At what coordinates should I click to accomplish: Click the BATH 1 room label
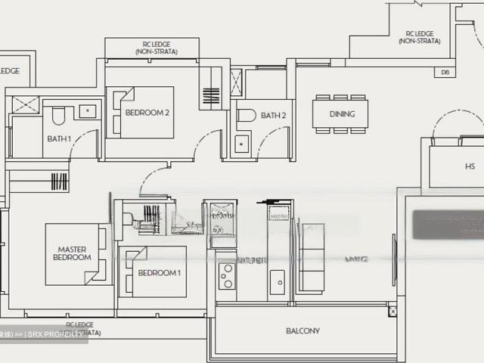[x=58, y=138]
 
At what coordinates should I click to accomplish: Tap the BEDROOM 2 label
[x=147, y=113]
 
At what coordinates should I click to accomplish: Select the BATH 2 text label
[x=273, y=116]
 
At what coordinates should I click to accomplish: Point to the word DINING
[x=342, y=114]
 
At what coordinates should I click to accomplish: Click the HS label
[x=470, y=167]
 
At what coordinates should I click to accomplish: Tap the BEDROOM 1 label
[x=159, y=272]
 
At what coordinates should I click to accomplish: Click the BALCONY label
[x=302, y=330]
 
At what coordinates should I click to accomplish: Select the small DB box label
[x=445, y=73]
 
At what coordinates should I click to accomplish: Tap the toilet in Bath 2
[x=246, y=116]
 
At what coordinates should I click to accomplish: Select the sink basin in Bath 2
[x=242, y=143]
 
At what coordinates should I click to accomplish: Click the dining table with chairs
[x=341, y=114]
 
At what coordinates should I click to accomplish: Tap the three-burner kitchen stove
[x=227, y=277]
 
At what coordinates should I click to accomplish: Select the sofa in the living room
[x=312, y=258]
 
